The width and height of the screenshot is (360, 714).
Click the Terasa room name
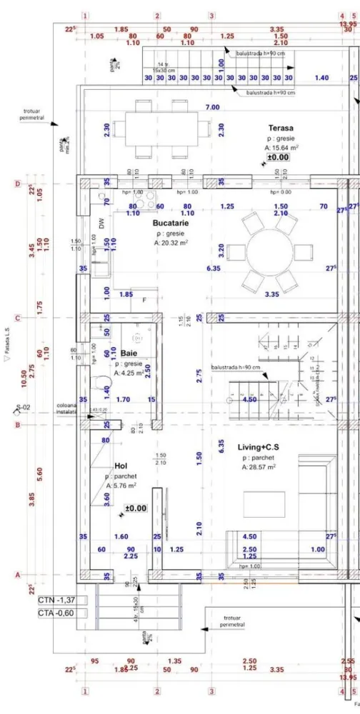pos(280,128)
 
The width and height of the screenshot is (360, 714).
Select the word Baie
pos(129,353)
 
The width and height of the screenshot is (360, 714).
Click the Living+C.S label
pos(259,448)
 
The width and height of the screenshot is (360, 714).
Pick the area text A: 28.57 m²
pos(259,468)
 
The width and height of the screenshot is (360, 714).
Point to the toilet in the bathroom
pos(99,381)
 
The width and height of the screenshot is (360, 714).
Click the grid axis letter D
pos(16,183)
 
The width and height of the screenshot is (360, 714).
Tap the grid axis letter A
pos(16,573)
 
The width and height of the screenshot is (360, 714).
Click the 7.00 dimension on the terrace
pos(212,107)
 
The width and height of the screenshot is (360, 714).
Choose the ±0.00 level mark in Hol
pos(136,508)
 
